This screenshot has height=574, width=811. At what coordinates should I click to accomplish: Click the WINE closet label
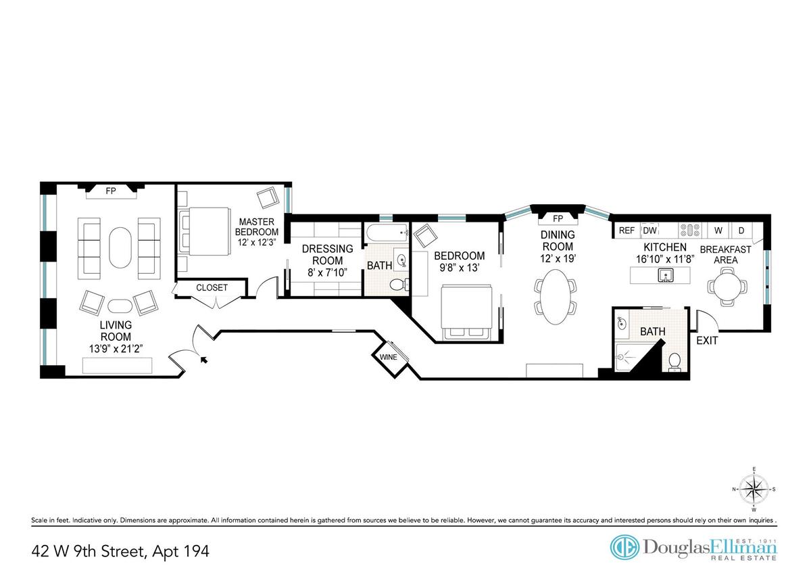coord(388,357)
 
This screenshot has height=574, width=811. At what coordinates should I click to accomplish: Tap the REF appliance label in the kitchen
coord(626,231)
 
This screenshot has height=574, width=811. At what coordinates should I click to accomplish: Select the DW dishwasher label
coord(649,231)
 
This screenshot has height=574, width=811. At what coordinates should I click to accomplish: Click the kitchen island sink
coord(666,275)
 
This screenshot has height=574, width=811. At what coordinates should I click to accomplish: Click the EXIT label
coord(707,341)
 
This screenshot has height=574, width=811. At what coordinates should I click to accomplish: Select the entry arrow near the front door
coord(204,359)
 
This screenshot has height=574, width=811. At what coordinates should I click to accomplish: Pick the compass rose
coord(754,489)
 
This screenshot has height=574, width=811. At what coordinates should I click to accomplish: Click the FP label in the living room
coord(111,191)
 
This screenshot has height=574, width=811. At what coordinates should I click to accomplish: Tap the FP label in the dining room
coord(558,219)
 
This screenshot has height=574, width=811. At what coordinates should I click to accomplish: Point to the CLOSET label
coord(212,287)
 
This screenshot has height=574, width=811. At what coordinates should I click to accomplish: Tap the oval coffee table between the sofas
coord(120,247)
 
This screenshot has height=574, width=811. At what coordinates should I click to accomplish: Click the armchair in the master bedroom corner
coord(268,197)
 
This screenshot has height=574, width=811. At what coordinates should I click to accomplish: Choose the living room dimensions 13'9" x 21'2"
coord(116,349)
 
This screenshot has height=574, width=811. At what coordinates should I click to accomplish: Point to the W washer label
coord(718,231)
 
